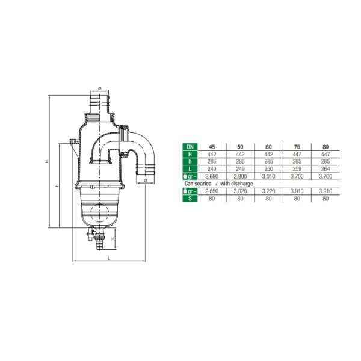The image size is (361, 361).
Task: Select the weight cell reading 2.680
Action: click(211, 176)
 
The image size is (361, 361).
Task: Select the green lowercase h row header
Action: click(190, 162)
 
